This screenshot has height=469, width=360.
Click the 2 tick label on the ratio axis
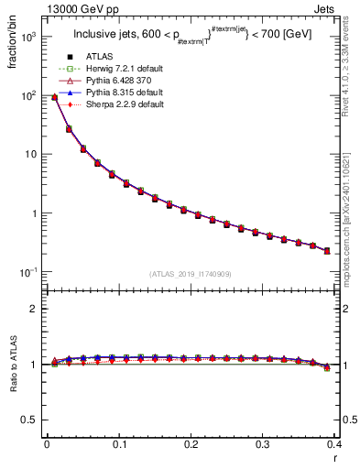(x=32, y=309)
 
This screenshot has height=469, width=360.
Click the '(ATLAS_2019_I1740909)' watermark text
(x=191, y=274)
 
